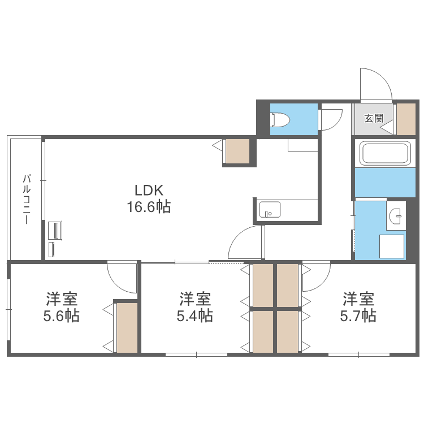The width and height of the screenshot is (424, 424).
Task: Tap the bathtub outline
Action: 384,153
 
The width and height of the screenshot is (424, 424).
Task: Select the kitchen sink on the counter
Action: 269,210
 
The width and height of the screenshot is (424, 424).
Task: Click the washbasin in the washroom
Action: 396,214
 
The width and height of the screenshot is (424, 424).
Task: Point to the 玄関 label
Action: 374,119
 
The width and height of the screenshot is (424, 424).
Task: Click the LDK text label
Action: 148,190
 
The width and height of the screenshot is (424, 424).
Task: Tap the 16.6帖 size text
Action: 148,207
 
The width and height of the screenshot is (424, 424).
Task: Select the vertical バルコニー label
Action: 26,199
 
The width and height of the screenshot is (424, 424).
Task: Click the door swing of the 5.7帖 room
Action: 316,277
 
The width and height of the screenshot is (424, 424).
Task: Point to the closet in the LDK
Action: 237,151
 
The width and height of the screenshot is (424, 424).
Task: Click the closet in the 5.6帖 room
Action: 127,328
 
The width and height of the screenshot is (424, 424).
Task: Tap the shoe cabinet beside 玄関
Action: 406,119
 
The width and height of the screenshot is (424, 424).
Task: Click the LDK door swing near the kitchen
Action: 247,243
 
